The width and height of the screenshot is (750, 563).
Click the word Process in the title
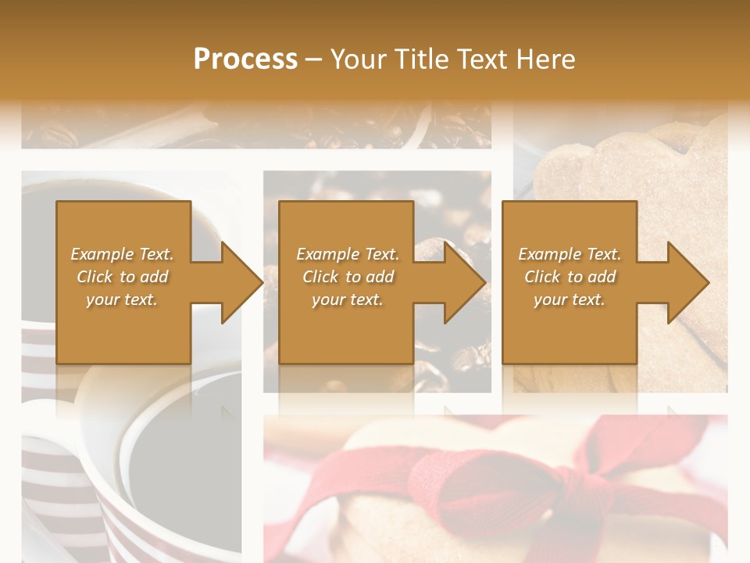(x=245, y=59)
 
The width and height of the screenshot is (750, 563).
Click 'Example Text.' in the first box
(x=123, y=254)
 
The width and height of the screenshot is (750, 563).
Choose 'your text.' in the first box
(x=123, y=299)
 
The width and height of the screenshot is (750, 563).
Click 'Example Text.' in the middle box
(x=348, y=254)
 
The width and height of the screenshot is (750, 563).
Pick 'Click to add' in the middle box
(x=348, y=277)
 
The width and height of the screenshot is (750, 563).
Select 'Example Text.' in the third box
(x=570, y=254)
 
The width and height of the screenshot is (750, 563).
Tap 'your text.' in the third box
(x=570, y=299)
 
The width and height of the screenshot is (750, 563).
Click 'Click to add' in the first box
(x=123, y=277)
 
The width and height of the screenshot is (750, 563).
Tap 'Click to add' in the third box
(x=570, y=277)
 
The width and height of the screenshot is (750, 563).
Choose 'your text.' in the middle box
(x=348, y=299)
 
